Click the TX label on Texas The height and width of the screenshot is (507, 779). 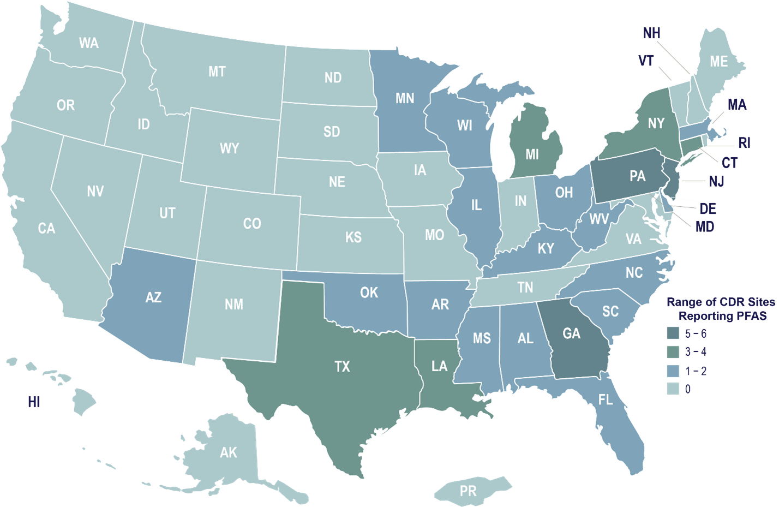[342, 366]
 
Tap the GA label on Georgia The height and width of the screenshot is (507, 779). [571, 333]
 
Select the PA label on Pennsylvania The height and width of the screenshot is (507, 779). [637, 176]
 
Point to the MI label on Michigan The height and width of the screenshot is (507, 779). [532, 154]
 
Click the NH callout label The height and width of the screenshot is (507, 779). [651, 33]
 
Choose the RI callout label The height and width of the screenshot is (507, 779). [744, 143]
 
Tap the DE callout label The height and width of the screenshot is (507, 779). [708, 208]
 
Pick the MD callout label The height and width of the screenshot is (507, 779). [705, 226]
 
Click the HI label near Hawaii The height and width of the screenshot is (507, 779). [34, 403]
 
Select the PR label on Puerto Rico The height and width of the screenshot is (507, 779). [468, 491]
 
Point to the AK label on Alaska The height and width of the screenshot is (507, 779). [229, 452]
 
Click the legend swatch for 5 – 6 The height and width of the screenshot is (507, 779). [673, 332]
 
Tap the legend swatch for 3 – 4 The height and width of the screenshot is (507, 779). [673, 352]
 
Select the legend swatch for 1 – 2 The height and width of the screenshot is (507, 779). [673, 371]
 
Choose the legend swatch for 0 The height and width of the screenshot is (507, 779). [673, 390]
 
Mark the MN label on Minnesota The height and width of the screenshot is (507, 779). [405, 98]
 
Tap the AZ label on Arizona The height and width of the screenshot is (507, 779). [153, 297]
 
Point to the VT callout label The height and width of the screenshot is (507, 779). [646, 61]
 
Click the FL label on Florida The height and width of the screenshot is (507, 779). [605, 399]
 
